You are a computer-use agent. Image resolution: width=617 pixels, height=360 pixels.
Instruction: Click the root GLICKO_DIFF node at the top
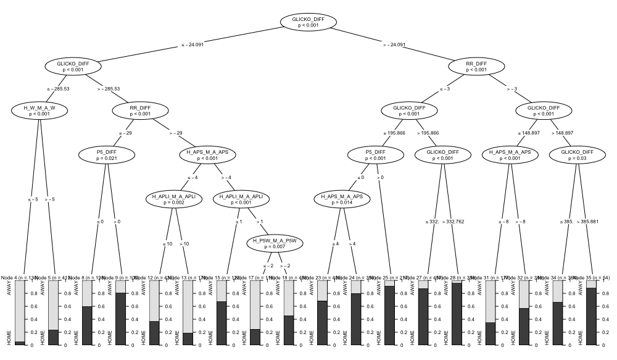tap(308, 22)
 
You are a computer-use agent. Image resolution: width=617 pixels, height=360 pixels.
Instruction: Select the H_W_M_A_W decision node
tap(39, 111)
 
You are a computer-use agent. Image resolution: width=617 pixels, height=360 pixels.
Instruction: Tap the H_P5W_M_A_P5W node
tap(275, 243)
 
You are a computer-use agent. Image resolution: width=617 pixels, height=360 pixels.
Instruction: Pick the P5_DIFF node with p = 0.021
tap(107, 154)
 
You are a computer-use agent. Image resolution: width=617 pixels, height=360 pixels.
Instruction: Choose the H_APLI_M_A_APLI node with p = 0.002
tap(174, 199)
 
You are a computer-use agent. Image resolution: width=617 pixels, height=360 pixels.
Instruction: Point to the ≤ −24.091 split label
tap(192, 44)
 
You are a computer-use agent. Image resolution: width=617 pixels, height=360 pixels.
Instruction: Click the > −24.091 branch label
tap(394, 44)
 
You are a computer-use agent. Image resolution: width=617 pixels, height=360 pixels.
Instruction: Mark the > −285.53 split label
tap(109, 89)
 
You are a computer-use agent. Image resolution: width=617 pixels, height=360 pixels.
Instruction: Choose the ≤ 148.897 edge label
tap(529, 133)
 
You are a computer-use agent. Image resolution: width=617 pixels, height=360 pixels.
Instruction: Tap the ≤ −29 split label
tap(125, 133)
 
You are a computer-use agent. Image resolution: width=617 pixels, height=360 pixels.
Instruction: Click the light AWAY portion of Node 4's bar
tap(20, 309)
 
